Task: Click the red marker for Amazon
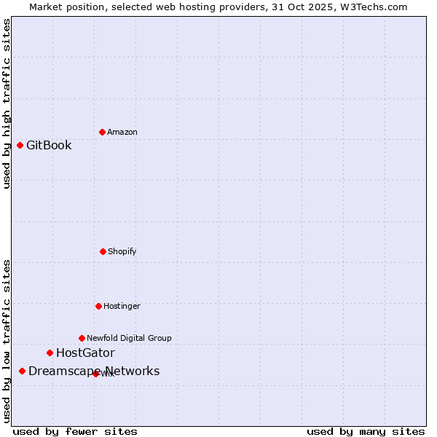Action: (x=102, y=132)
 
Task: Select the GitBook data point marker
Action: (x=20, y=145)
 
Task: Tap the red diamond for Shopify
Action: (x=103, y=251)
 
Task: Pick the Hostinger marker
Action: (x=98, y=306)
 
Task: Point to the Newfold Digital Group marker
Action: (x=82, y=338)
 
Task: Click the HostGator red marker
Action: (x=50, y=353)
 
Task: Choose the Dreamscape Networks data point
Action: (x=22, y=371)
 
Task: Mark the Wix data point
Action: (x=95, y=374)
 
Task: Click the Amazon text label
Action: (x=122, y=132)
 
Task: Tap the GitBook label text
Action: (x=49, y=145)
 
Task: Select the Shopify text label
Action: (x=122, y=251)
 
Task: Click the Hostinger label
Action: (x=122, y=306)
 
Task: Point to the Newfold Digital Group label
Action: (x=130, y=338)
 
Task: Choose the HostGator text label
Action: (x=85, y=353)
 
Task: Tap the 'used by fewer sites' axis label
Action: (x=75, y=432)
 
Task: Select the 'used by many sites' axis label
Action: (x=366, y=432)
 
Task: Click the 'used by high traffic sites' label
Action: (x=7, y=103)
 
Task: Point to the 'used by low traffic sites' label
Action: (x=7, y=341)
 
